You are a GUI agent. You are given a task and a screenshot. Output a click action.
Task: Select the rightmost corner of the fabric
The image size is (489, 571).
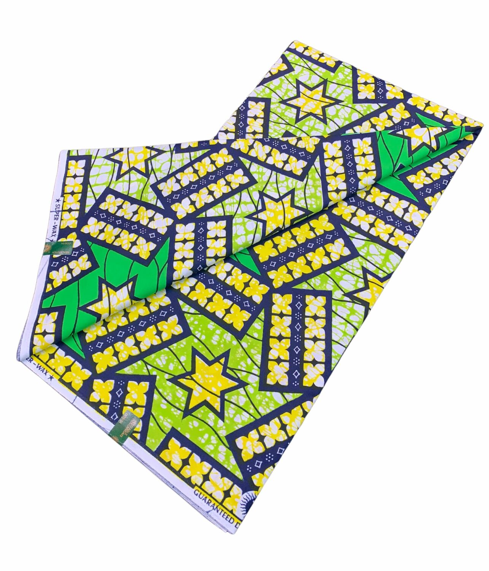[483, 124]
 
